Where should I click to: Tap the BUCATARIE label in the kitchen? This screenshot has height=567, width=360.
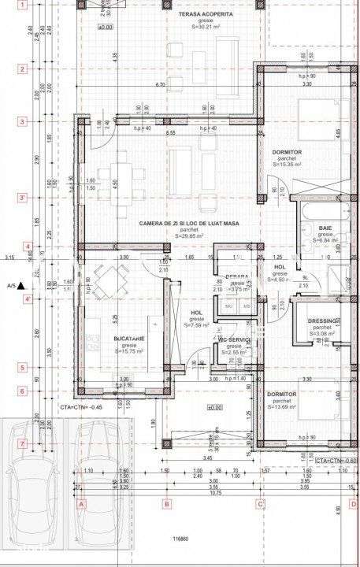pos(106,338)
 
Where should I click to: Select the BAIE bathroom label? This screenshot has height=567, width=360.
pos(325,228)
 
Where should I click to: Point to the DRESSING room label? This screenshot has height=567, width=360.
pos(323,321)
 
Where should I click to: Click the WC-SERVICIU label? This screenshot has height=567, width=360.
pos(234,339)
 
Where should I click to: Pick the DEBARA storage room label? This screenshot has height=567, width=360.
pos(236,276)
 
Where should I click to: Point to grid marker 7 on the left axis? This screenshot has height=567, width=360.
pos(23,444)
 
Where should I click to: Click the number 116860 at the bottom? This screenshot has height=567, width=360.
pos(182,539)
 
